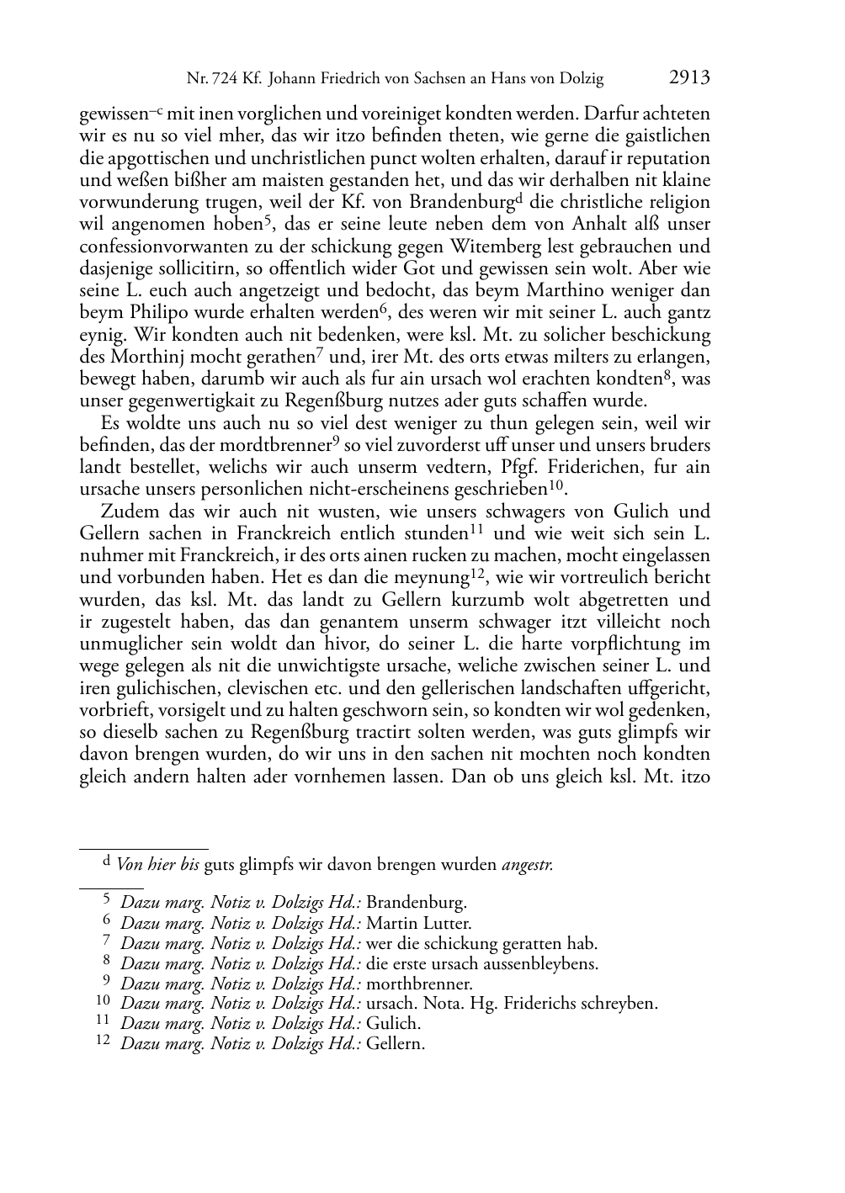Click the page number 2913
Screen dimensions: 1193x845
(689, 78)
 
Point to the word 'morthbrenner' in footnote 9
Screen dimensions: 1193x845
(419, 984)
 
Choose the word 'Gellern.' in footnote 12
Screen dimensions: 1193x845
(396, 1044)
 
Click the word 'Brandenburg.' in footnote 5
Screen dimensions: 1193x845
(416, 903)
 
